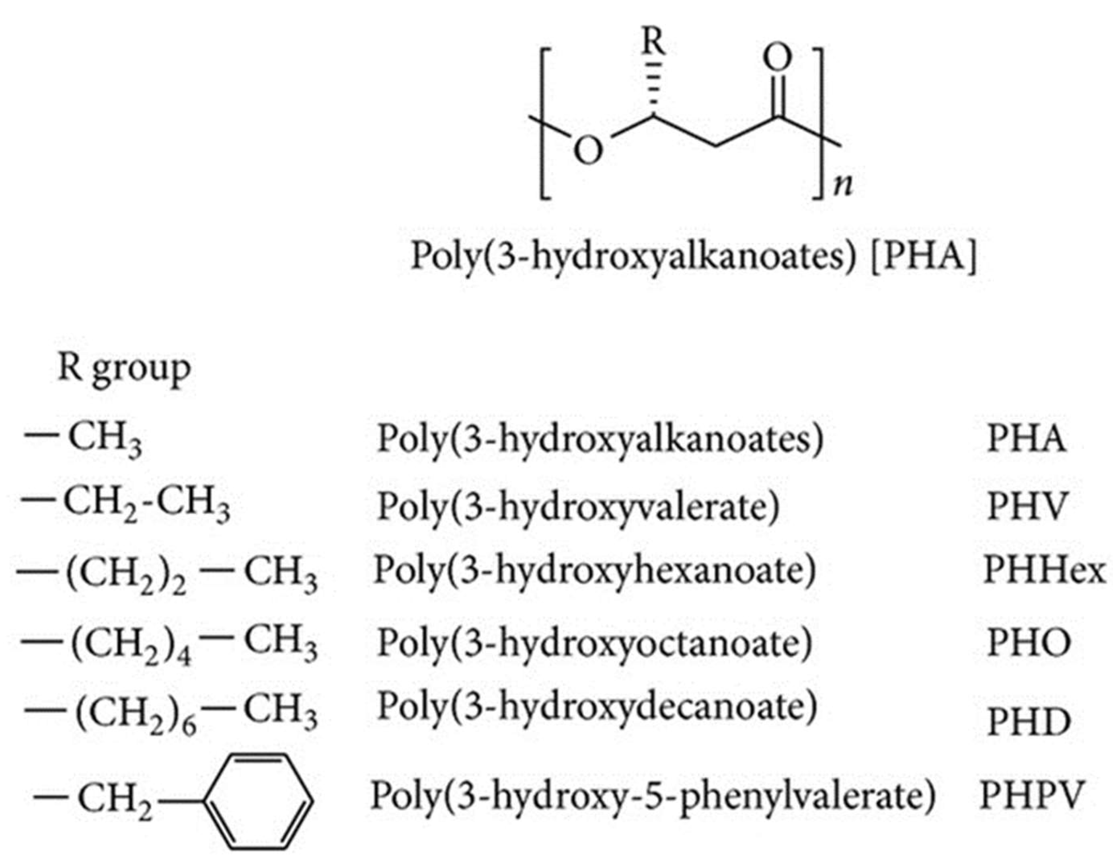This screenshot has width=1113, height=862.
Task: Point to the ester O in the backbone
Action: pos(589,151)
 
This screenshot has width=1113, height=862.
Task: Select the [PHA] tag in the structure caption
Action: pos(924,257)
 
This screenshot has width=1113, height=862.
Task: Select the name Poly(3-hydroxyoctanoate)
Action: pos(594,643)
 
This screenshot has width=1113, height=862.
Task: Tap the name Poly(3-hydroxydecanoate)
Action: pos(597,707)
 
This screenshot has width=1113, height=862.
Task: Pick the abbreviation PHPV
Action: pos(1031,796)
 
